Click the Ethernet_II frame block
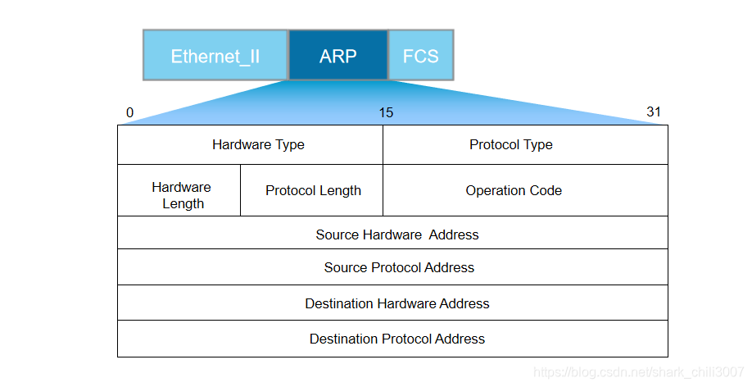coord(215,56)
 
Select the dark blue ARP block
coord(337,56)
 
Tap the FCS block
coord(420,56)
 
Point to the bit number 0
coord(129,112)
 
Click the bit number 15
coord(386,112)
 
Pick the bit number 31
coord(653,112)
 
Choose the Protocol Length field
coord(313,190)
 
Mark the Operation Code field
coord(514,190)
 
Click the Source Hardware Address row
coord(397,234)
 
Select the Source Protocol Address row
coord(399,267)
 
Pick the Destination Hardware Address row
coord(397,303)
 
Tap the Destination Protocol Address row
coord(397,339)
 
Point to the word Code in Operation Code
coord(546,190)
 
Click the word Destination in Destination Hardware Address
coord(339,303)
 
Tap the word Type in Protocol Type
coord(538,145)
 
